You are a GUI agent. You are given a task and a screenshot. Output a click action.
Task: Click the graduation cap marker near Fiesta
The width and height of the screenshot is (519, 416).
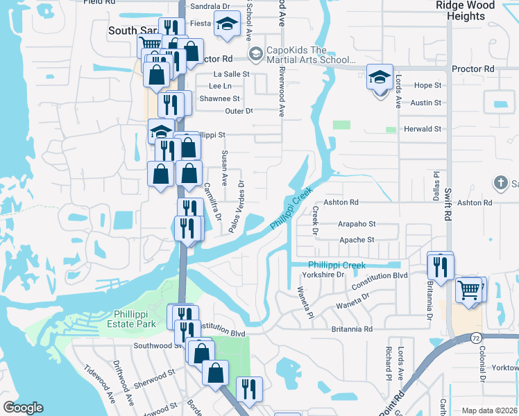[226, 26]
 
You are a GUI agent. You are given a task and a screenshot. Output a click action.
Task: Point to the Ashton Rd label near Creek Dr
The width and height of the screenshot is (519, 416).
[344, 202]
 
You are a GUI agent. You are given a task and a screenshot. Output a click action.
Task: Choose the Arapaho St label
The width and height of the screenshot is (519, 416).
[357, 224]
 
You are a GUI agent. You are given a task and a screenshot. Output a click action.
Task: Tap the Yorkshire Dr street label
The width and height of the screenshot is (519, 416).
[328, 275]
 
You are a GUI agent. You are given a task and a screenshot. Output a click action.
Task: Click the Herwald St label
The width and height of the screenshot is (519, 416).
[423, 129]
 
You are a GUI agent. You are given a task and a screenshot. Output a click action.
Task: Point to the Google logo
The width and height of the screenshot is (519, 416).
[23, 408]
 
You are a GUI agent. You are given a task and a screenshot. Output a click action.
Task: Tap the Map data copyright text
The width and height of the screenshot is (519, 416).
[489, 410]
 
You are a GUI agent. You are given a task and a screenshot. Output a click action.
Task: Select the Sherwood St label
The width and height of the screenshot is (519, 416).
[155, 377]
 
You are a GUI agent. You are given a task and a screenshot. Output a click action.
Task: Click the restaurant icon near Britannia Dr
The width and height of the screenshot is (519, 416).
[440, 266]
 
